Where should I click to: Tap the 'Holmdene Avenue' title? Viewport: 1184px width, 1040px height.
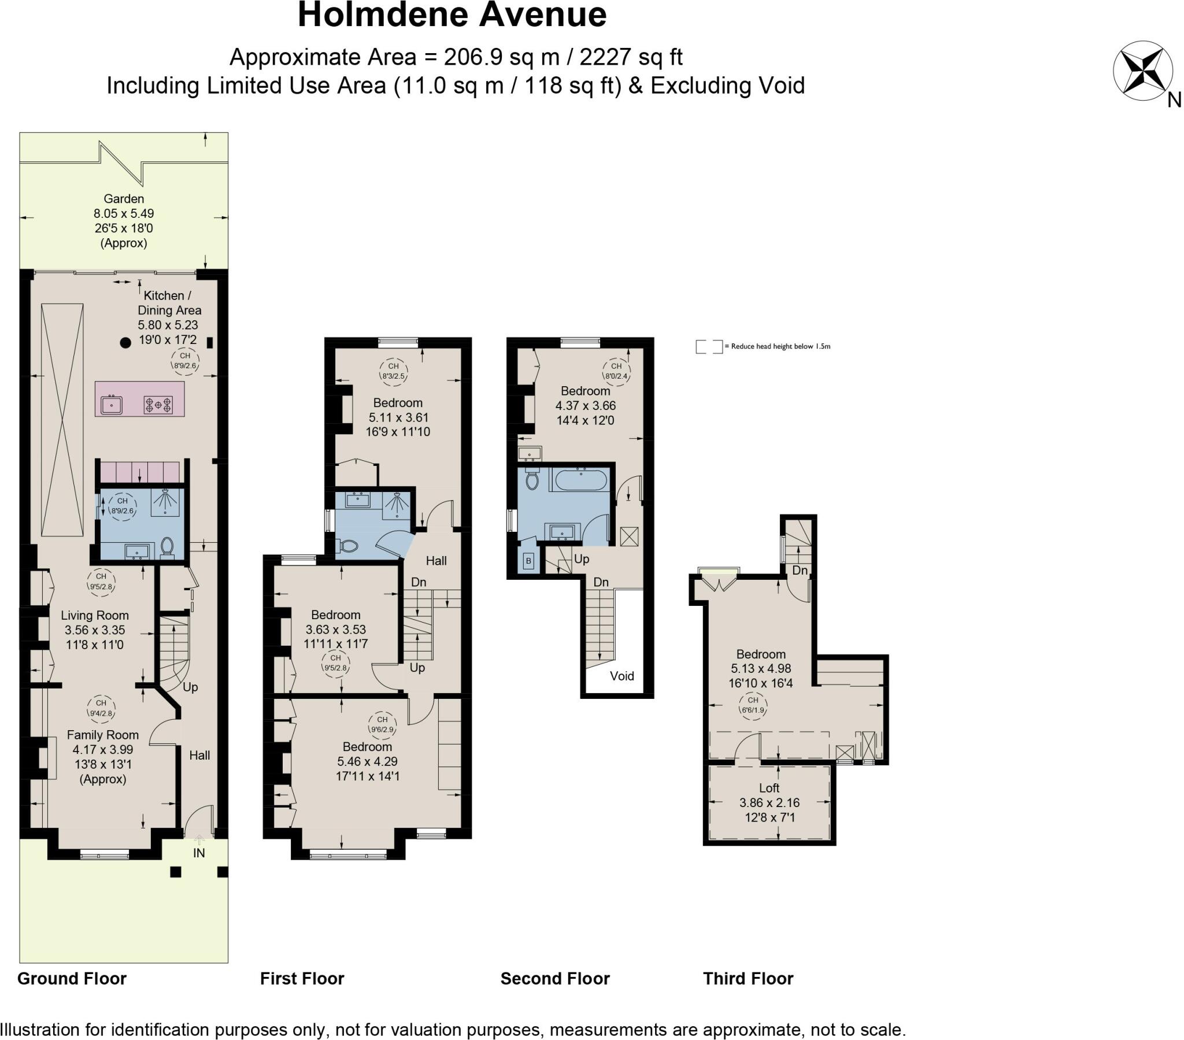pos(452,15)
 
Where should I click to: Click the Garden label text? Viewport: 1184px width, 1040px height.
pos(123,199)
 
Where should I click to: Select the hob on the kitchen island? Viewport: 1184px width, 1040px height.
pos(158,404)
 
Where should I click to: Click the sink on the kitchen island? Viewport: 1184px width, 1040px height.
pos(111,405)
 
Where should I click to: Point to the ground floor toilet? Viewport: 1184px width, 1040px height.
pos(168,546)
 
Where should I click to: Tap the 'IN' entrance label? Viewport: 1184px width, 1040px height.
pos(199,853)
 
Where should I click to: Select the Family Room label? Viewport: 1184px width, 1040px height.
pos(102,735)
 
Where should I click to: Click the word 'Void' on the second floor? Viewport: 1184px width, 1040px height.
pos(621,676)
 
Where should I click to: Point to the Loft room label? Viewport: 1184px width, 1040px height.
pos(769,788)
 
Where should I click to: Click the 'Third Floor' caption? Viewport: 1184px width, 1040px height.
pos(748,979)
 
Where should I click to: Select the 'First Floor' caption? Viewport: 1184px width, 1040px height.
pos(302,979)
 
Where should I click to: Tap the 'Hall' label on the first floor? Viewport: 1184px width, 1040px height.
pos(436,560)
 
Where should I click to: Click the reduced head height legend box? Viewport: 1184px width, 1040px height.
pos(709,346)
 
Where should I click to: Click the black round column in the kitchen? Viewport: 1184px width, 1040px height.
pos(125,342)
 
